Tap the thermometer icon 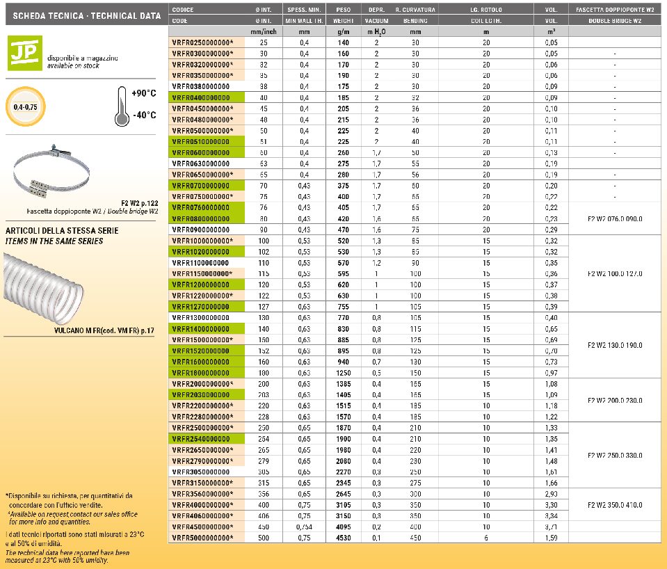coord(122,107)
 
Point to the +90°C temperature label coord(143,93)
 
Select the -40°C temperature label coord(143,115)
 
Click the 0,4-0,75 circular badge coord(26,108)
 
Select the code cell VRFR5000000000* coord(203,537)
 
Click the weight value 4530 coord(342,537)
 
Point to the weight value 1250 coord(342,373)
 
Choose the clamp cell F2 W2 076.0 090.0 coord(614,218)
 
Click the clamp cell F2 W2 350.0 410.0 coord(614,504)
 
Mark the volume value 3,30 coord(551,504)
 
